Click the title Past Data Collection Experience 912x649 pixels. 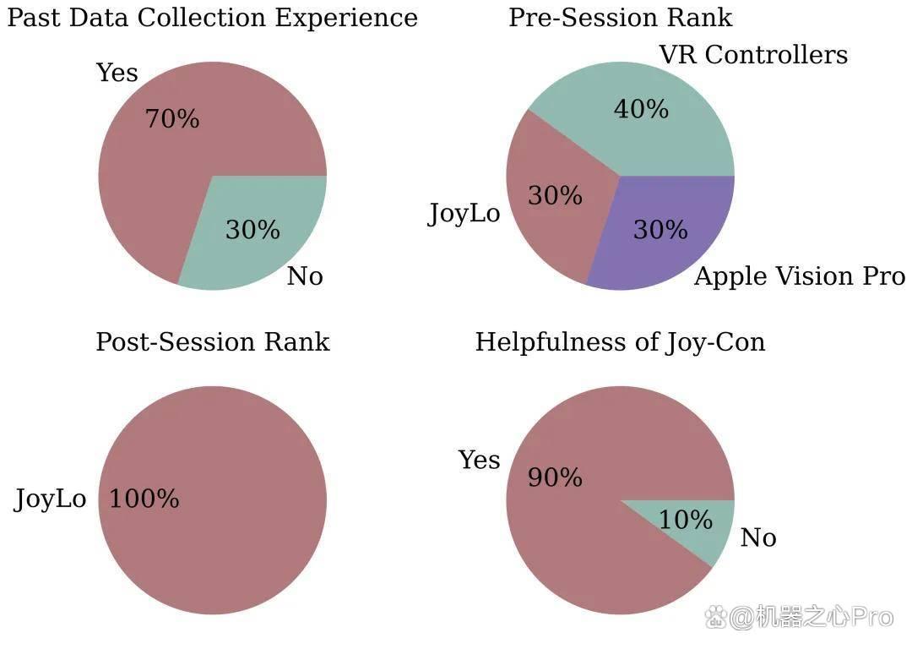click(212, 18)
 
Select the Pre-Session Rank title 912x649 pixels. click(621, 18)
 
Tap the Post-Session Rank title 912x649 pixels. click(213, 341)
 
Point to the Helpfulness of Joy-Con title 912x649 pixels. click(621, 342)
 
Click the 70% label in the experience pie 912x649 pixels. click(172, 119)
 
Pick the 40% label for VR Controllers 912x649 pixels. click(641, 109)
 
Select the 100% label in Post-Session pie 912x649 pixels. click(144, 499)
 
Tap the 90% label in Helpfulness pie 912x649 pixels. click(555, 477)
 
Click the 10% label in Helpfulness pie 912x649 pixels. click(686, 519)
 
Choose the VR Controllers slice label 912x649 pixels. click(754, 55)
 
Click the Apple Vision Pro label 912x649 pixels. click(800, 275)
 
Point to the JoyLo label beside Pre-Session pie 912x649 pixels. click(464, 214)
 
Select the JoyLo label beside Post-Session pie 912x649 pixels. click(50, 499)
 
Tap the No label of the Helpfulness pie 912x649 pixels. click(758, 537)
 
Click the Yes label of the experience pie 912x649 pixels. click(117, 73)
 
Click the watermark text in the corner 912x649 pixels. click(799, 617)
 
